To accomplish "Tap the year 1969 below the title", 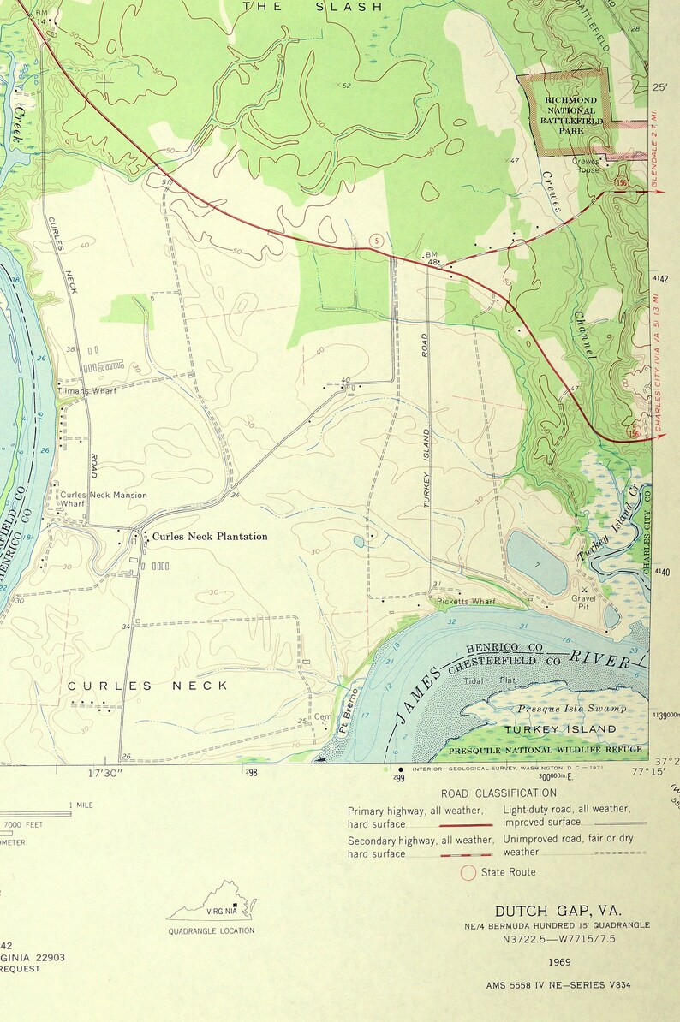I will point(560,961).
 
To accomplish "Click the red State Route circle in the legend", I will point(468,872).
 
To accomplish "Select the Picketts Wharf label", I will point(466,602).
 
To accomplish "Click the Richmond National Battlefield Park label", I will point(571,115).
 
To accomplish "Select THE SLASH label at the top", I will point(312,7).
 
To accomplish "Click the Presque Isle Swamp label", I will point(571,709).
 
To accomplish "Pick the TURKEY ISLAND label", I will point(559,728).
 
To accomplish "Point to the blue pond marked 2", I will point(536,562).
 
